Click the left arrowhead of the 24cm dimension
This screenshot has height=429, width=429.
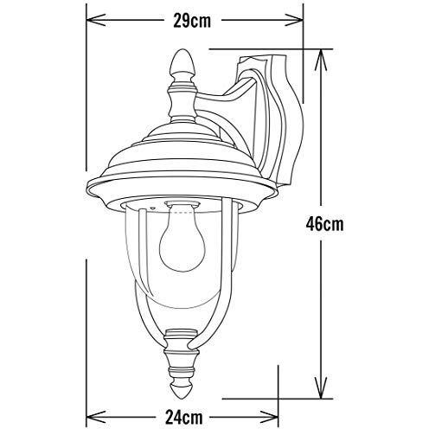pos(91,413)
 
